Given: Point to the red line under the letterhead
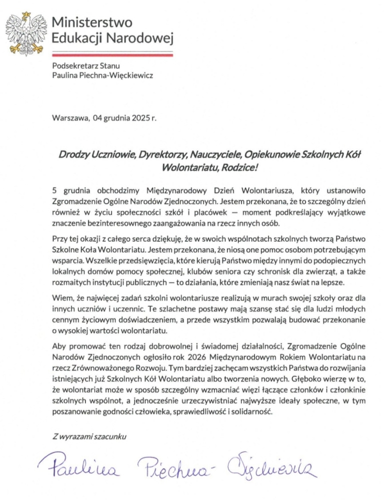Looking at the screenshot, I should pyautogui.click(x=112, y=55).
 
